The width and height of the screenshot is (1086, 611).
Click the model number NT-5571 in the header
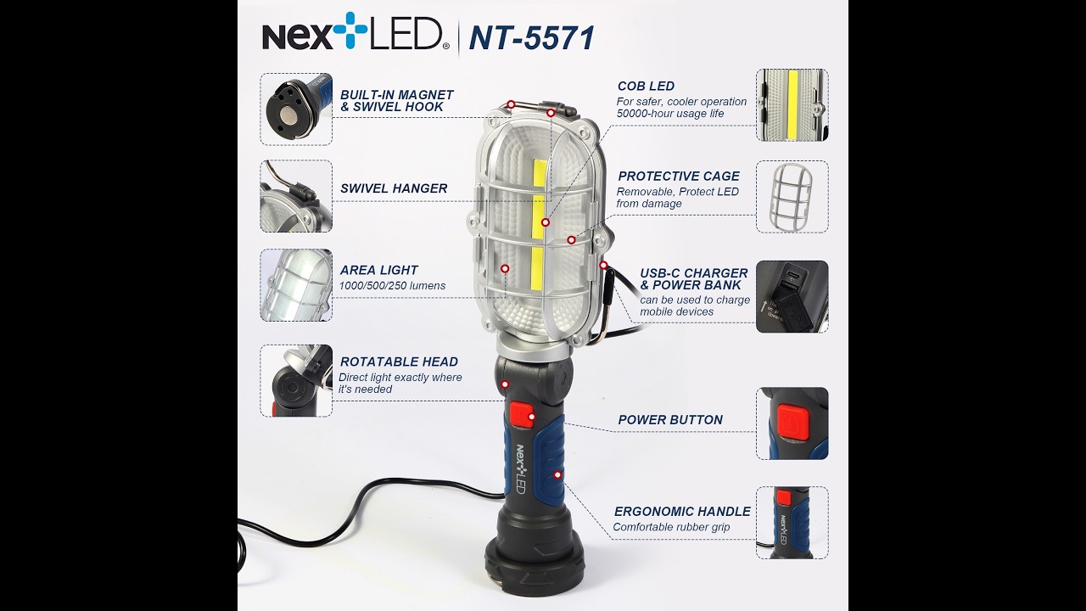coord(531,38)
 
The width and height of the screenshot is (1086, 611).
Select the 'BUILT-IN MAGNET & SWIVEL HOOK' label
coord(396,101)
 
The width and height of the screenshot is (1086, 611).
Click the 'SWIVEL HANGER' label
coord(394,188)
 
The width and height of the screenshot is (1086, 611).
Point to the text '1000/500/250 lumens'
coord(392,286)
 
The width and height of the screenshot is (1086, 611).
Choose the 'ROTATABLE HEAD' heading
coord(399,362)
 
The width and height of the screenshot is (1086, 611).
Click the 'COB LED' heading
coord(646,86)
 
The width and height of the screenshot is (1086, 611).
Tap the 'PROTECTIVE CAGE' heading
coord(679,177)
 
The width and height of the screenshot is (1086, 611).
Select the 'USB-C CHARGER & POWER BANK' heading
coord(694,279)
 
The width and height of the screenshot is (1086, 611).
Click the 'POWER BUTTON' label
coord(670,420)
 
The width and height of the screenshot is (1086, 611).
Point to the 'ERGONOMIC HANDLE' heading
coord(682,512)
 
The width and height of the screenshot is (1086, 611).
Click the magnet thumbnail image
coord(296,109)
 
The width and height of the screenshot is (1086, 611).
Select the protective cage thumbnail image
coord(792,197)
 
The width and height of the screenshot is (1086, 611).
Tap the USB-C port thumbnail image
coord(792,296)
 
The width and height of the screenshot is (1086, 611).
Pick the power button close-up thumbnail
coord(792,423)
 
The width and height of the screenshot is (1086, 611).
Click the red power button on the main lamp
coord(523,416)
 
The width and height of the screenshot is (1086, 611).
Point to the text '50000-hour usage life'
coord(670,114)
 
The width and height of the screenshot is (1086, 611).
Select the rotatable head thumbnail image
coord(296,381)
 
